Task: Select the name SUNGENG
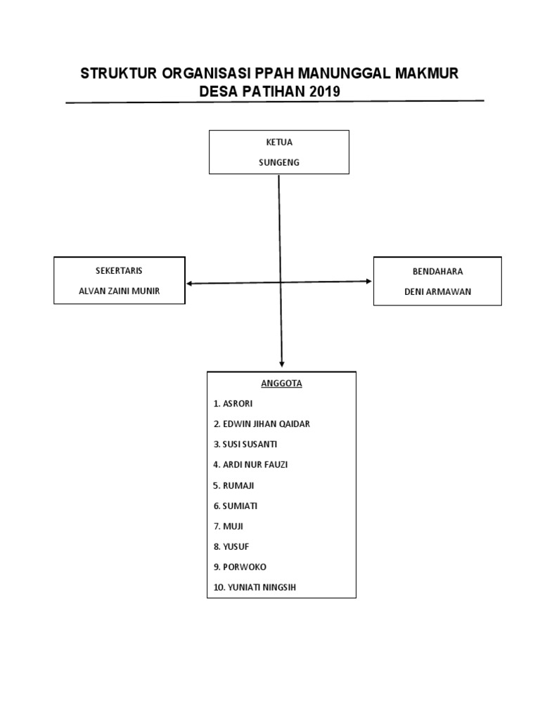click(280, 162)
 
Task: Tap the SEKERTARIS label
click(119, 270)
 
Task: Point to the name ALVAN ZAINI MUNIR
click(119, 291)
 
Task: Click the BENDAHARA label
click(437, 271)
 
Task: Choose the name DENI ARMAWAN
click(437, 291)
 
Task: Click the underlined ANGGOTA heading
click(281, 383)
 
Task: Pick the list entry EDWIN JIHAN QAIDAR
click(261, 424)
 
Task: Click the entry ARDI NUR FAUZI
click(250, 465)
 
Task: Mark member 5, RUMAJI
click(234, 485)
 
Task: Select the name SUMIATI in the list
click(236, 506)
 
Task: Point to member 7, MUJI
click(229, 526)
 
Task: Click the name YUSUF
click(231, 546)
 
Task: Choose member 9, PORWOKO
click(240, 567)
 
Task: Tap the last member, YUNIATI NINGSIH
click(254, 587)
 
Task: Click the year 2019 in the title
click(319, 91)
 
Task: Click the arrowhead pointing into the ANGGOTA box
click(282, 364)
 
